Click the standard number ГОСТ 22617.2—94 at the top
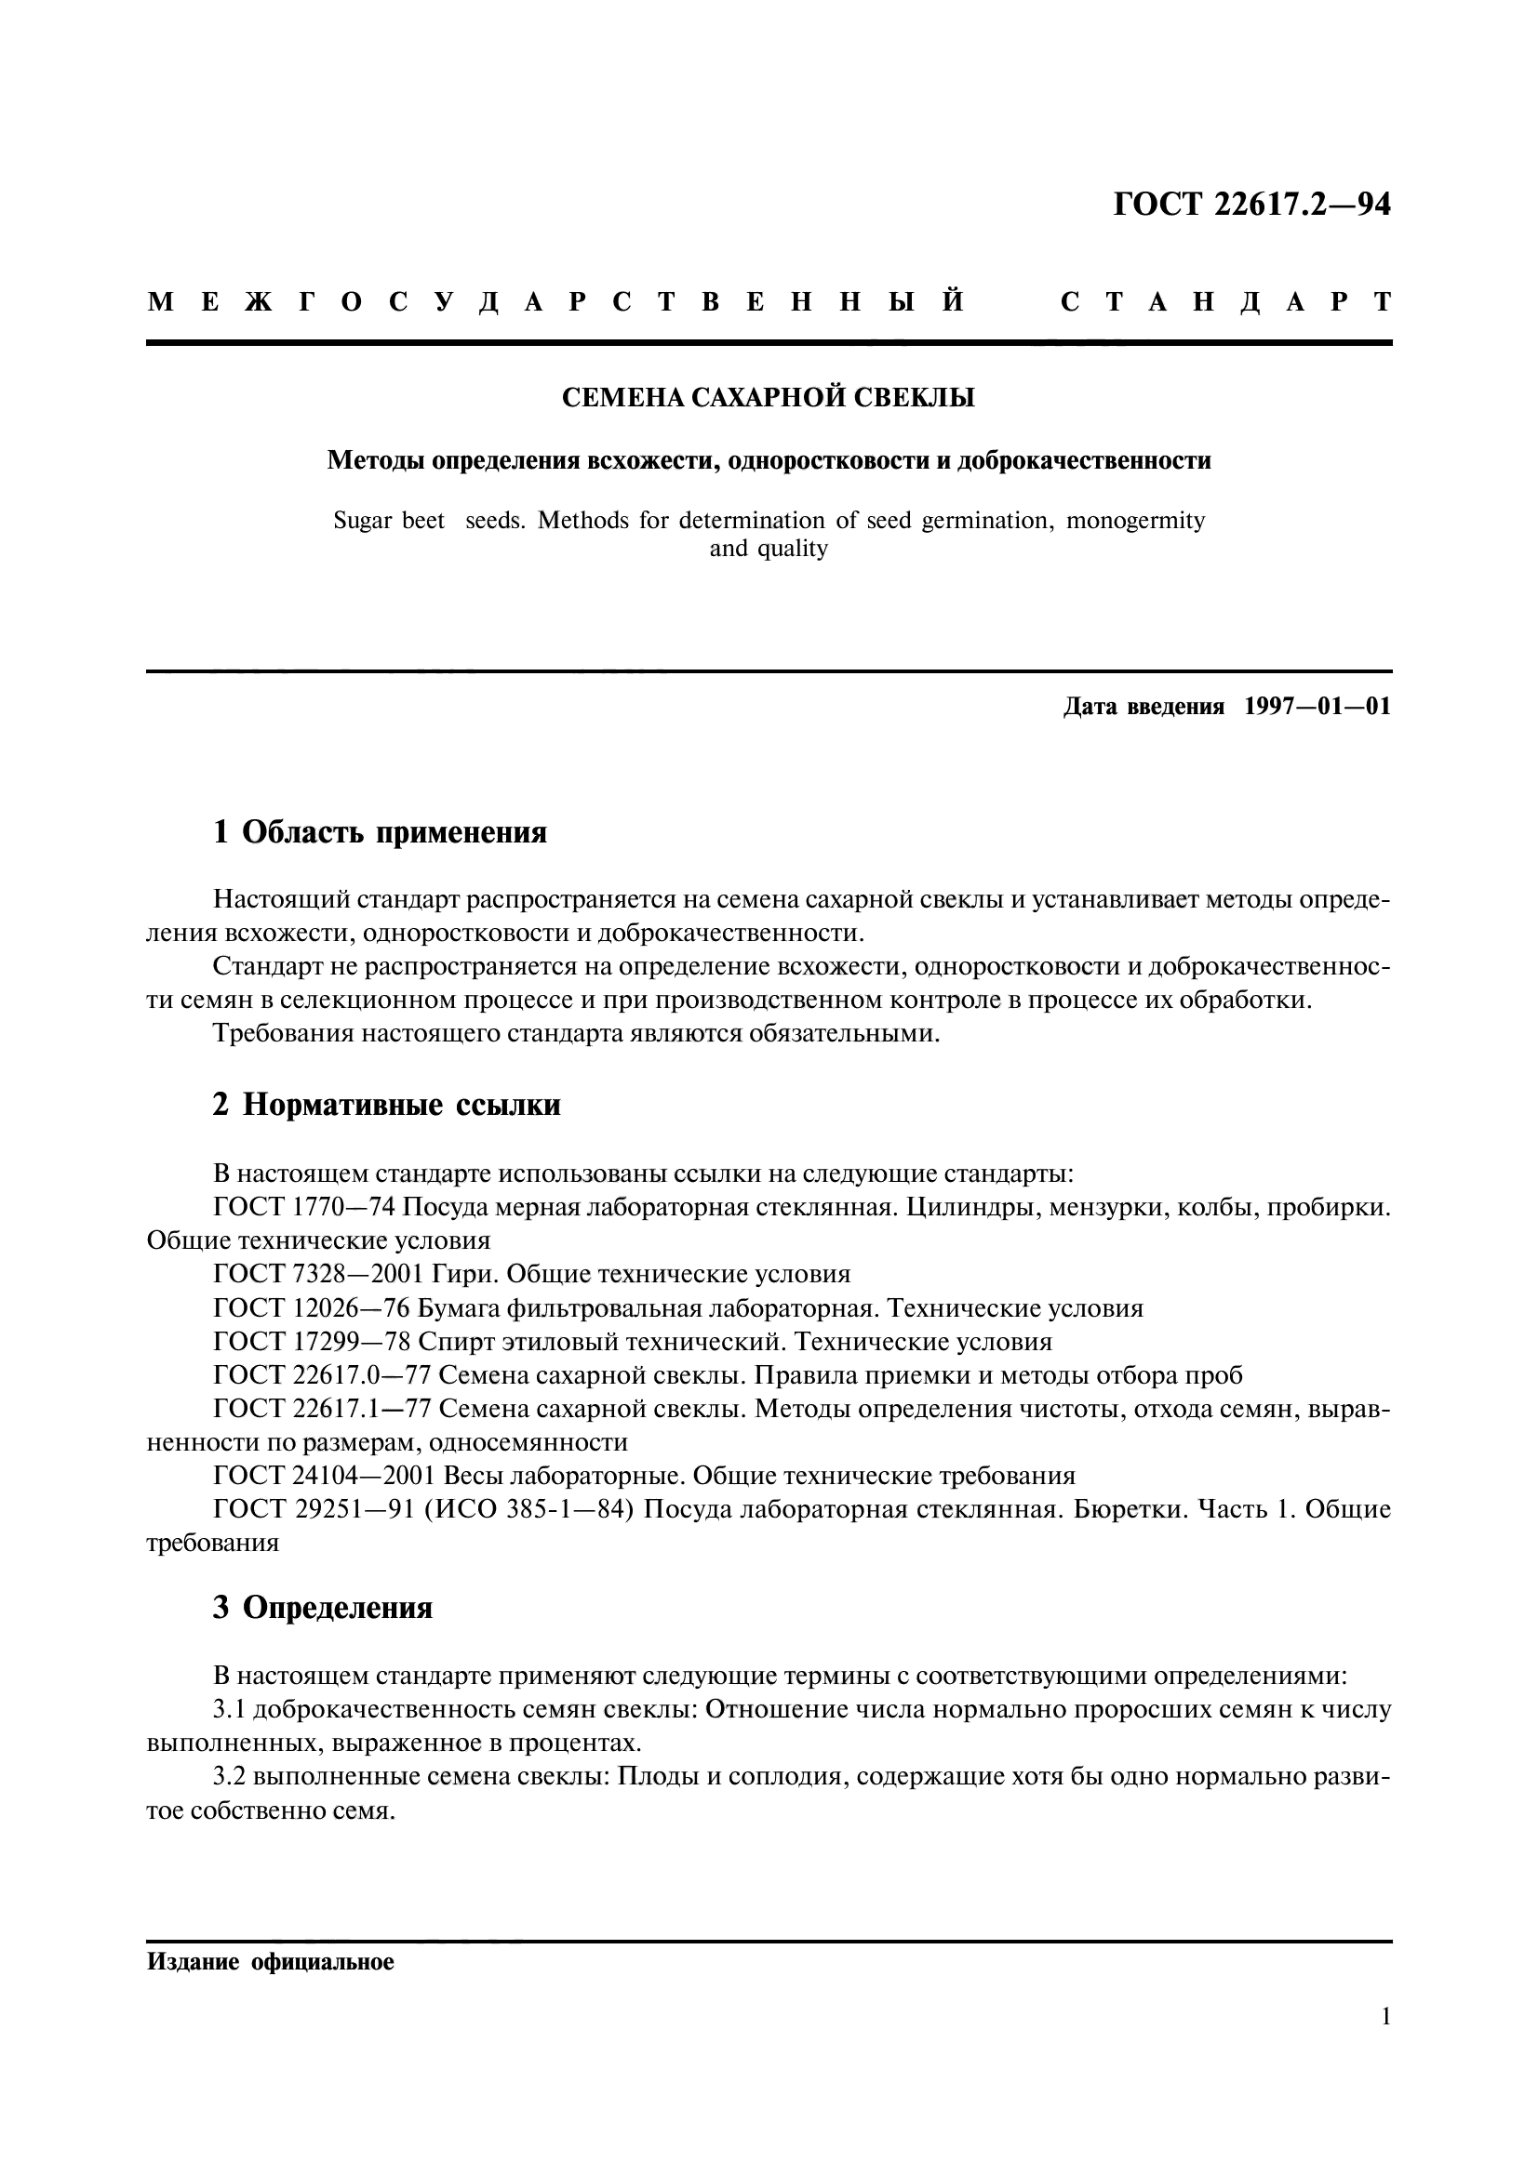click(x=1250, y=205)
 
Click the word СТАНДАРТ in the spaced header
click(x=1225, y=302)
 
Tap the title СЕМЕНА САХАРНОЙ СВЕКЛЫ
click(x=769, y=398)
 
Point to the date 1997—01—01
click(x=1317, y=707)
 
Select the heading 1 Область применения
click(x=380, y=832)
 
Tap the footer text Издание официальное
click(x=270, y=1962)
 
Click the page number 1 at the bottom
click(x=1385, y=2042)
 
